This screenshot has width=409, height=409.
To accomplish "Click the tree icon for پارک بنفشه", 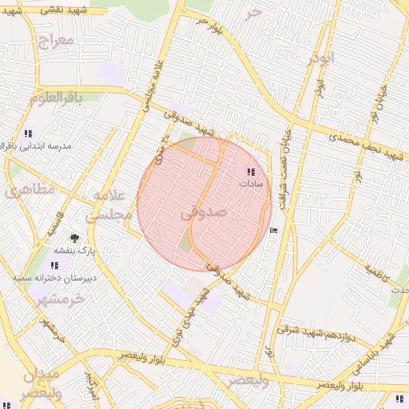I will (74, 238).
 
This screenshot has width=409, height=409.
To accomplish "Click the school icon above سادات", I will (252, 171).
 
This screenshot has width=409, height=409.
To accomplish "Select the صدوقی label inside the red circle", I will (204, 213).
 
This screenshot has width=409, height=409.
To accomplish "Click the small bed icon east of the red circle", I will (275, 231).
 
